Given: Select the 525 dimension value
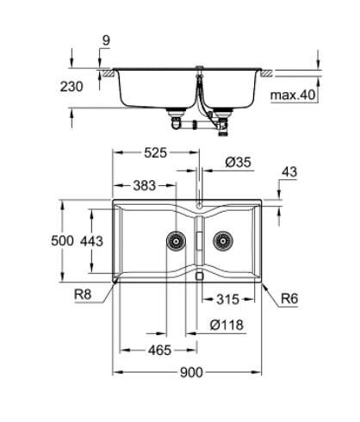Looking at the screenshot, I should click(155, 153).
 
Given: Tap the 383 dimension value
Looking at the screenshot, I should click(145, 185).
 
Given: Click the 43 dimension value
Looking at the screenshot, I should click(289, 172).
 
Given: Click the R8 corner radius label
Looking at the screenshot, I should click(84, 295).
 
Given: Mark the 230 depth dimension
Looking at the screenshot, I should click(78, 88).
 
